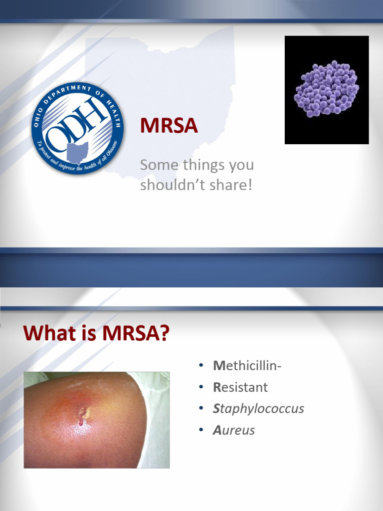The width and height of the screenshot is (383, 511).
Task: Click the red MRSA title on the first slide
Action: (169, 126)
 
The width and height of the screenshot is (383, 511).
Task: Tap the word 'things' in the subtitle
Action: (191, 165)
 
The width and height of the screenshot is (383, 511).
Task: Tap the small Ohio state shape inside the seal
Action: (78, 152)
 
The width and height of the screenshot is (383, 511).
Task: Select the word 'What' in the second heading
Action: (46, 333)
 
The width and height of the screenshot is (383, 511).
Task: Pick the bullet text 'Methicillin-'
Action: (247, 366)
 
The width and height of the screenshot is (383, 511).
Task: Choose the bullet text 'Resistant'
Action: (240, 387)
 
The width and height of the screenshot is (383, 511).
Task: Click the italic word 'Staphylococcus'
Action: (258, 409)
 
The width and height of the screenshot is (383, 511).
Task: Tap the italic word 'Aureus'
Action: (234, 430)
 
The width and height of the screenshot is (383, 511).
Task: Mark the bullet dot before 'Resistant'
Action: (200, 387)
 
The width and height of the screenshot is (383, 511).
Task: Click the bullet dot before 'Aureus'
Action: (200, 430)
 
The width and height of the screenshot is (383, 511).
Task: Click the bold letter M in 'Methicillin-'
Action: (217, 366)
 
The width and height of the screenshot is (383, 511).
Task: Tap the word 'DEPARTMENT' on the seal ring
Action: (68, 91)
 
